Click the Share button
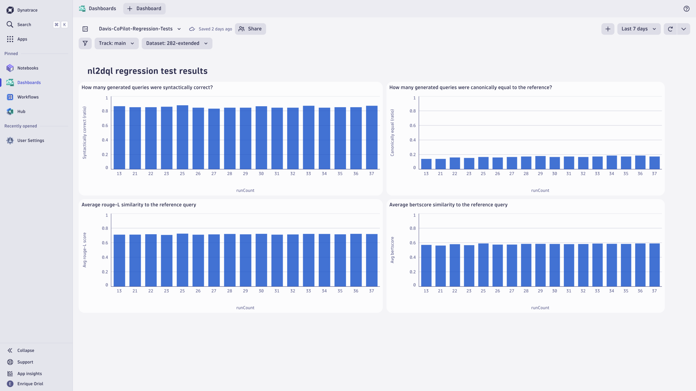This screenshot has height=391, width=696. pos(250,29)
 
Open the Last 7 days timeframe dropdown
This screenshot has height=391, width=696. pos(638,29)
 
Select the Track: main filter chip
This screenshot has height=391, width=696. pos(116,43)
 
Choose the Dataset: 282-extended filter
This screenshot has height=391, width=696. pos(177,43)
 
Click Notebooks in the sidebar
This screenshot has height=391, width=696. pos(28,68)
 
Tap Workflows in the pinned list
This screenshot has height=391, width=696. pos(28,97)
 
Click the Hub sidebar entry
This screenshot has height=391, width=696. pos(21,112)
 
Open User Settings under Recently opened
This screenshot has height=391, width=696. pos(31,141)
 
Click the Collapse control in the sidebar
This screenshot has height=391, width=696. pos(25,351)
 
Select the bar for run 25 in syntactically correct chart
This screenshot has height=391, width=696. pos(182,137)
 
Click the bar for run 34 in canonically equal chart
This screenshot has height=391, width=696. pos(611,163)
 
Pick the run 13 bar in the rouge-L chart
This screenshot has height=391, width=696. pos(119,261)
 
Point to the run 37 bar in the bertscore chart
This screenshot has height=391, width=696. pos(654,265)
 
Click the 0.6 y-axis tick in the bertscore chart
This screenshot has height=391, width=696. pos(412,243)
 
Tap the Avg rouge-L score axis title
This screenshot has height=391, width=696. pos(85,250)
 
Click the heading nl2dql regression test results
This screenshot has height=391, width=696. pos(147,71)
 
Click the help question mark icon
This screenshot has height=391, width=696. pos(686,9)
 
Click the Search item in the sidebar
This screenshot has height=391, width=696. pos(24,25)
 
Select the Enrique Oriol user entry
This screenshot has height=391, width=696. pos(30,384)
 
